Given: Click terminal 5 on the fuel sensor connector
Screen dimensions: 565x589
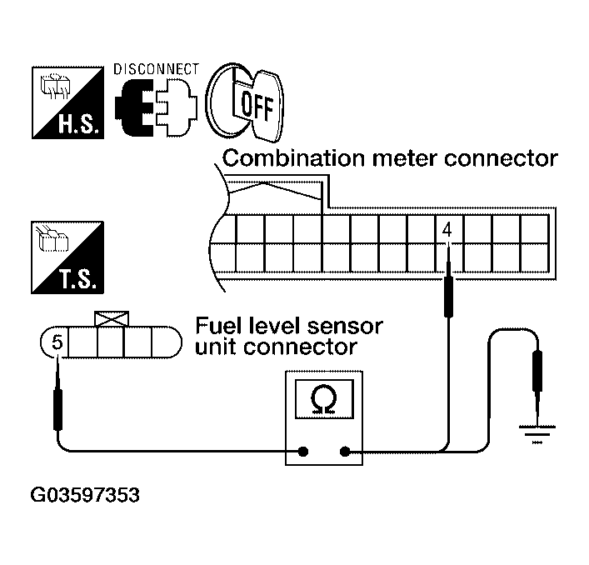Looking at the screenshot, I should coord(56,341).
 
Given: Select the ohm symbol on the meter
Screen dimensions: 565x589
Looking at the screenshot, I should coord(325,401).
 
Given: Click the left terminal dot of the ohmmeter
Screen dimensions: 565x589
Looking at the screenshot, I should coord(304,452).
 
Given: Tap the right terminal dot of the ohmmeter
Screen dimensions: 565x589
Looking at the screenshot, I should coord(345,452).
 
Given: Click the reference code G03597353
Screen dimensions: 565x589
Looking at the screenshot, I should coord(84,497).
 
